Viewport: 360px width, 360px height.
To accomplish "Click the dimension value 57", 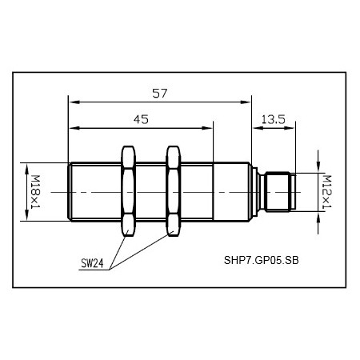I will click(159, 93).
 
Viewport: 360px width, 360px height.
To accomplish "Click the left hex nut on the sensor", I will click(127, 191).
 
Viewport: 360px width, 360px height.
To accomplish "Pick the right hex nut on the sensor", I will click(172, 191).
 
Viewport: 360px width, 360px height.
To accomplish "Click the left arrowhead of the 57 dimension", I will click(73, 101).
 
